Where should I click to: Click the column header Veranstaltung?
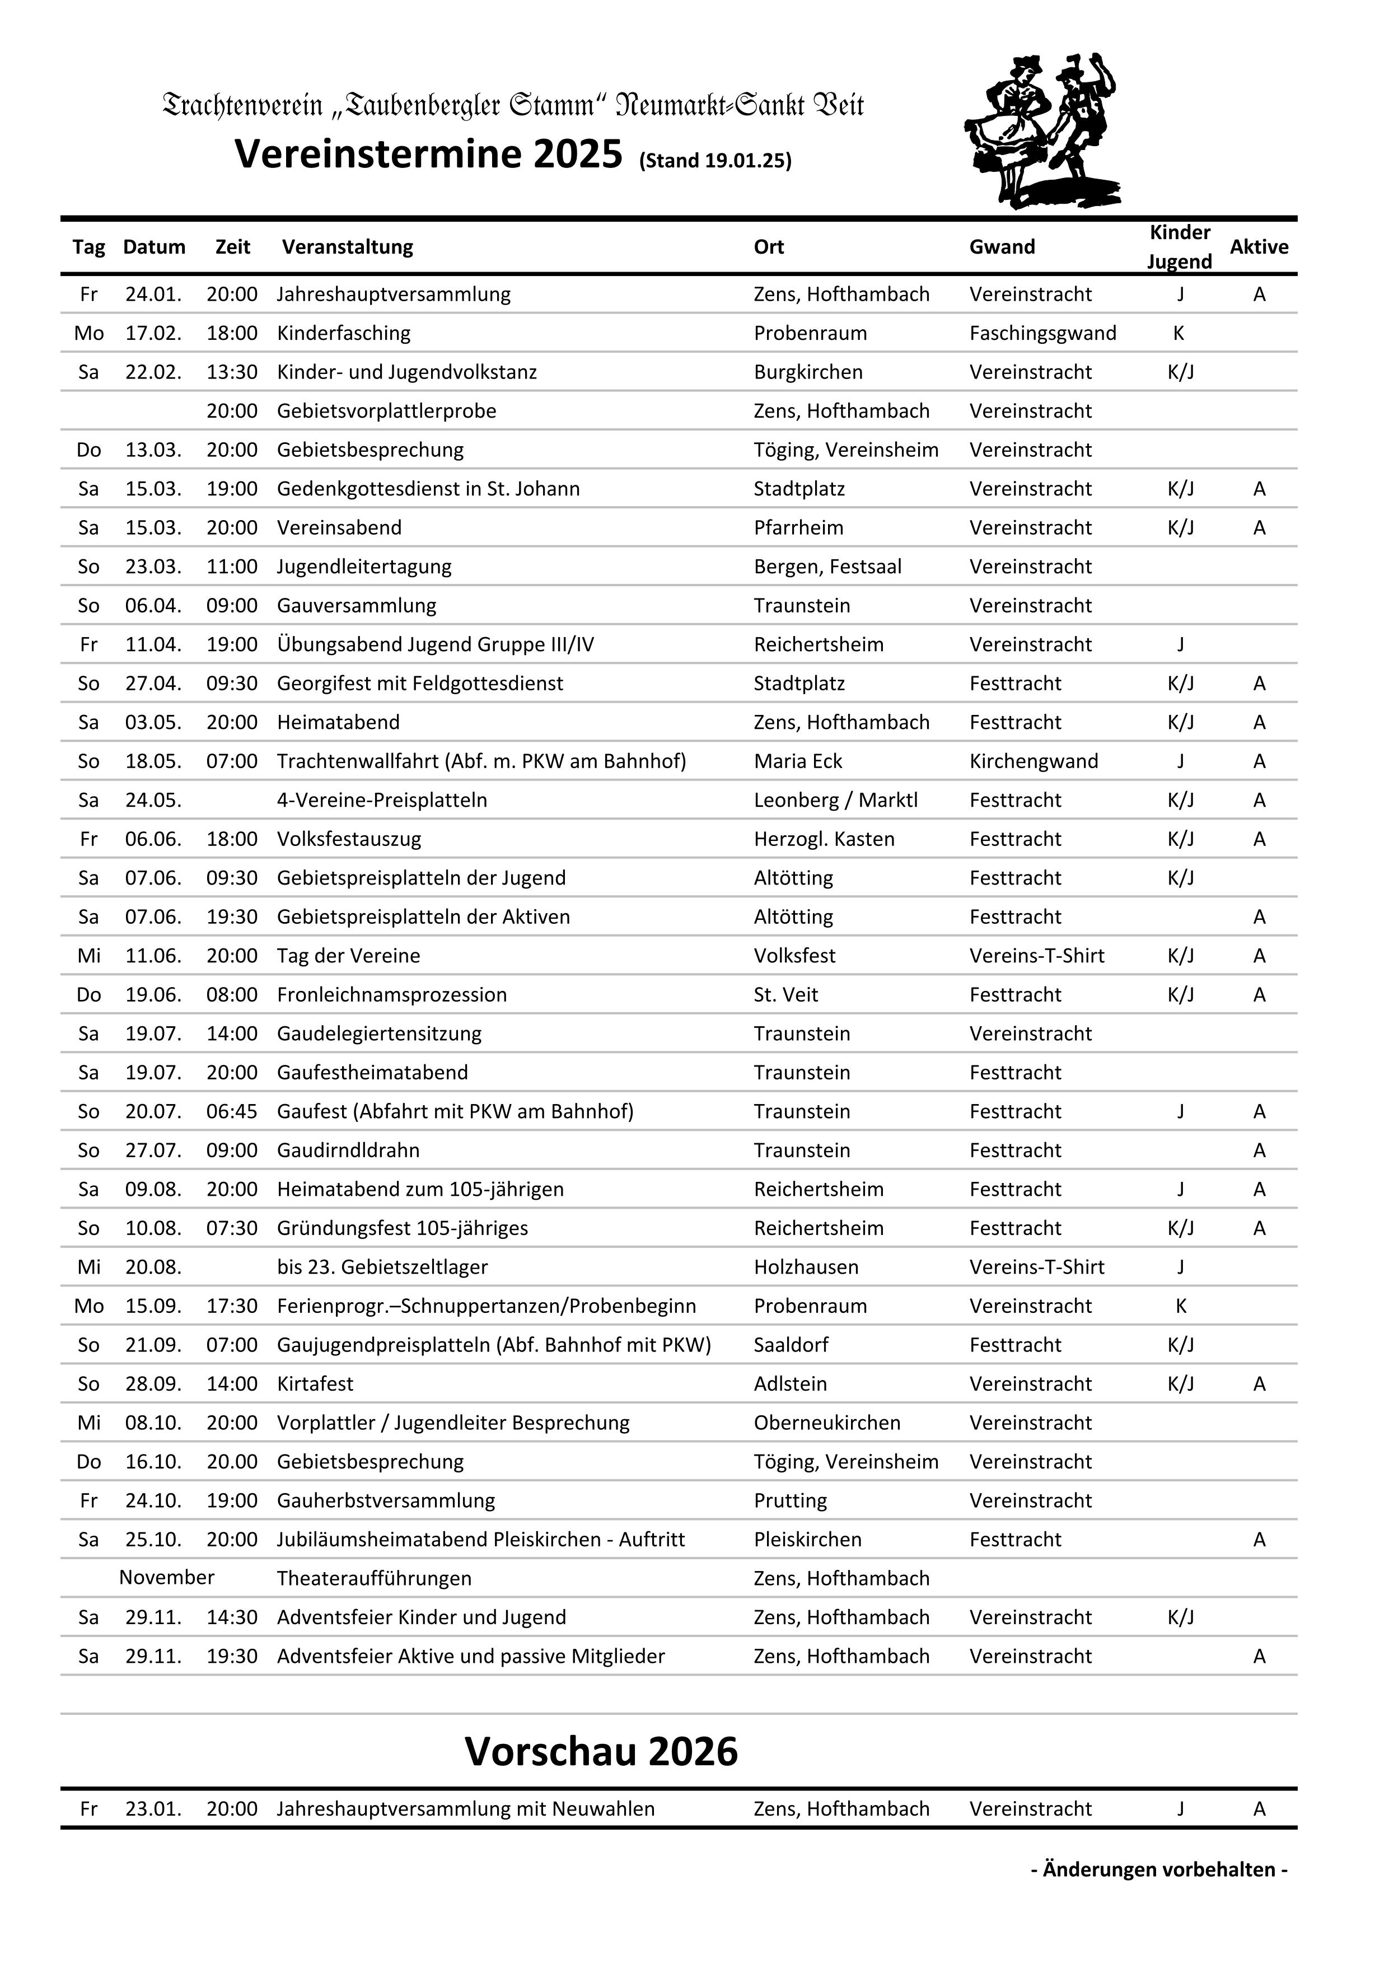[x=347, y=247]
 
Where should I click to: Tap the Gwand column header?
[x=1002, y=247]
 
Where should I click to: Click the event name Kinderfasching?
[x=343, y=333]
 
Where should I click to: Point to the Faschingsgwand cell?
[x=1042, y=333]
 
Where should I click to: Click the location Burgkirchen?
[x=807, y=372]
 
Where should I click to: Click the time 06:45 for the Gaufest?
[x=232, y=1111]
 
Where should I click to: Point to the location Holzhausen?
[x=806, y=1267]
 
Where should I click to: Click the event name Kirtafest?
[x=315, y=1384]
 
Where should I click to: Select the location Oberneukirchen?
[x=826, y=1423]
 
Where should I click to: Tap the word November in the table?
[x=167, y=1577]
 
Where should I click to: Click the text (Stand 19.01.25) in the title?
[x=715, y=161]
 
